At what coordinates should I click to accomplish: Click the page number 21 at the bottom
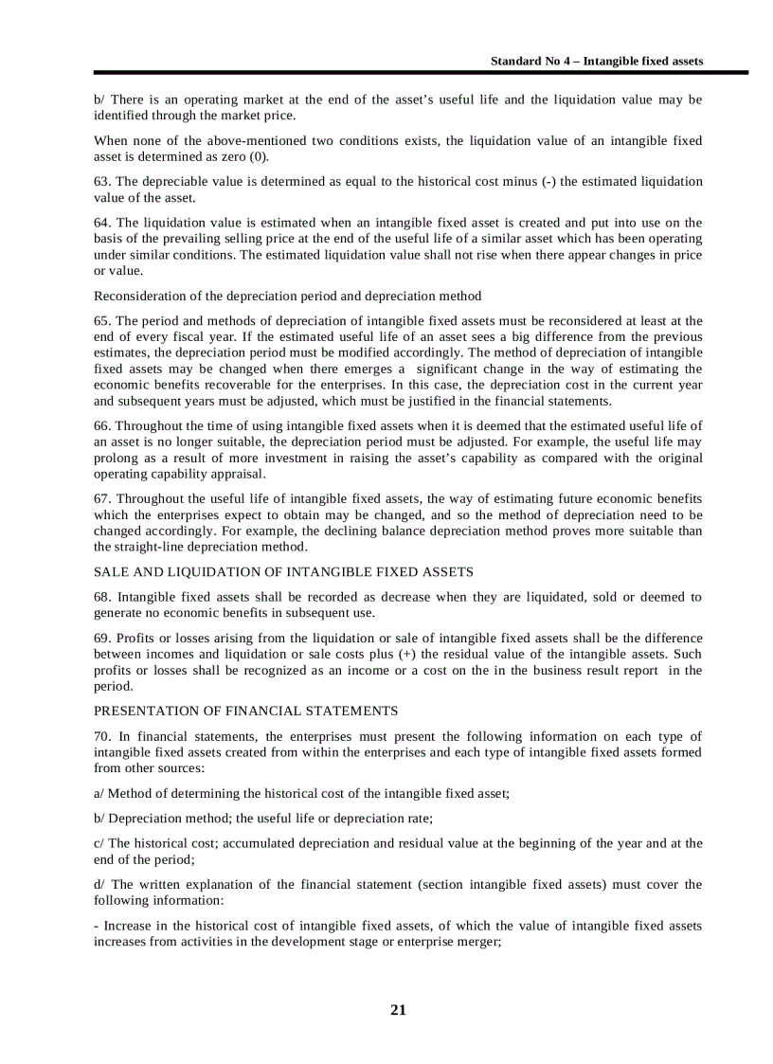click(x=398, y=1010)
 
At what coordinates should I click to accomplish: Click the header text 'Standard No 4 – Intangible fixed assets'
click(x=596, y=61)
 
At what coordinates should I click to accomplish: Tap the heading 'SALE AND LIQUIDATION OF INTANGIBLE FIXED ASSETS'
click(x=283, y=571)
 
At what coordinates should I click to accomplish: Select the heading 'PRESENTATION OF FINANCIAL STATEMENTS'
click(x=245, y=711)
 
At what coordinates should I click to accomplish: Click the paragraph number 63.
click(x=101, y=181)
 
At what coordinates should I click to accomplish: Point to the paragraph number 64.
click(x=101, y=223)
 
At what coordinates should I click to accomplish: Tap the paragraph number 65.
click(x=101, y=320)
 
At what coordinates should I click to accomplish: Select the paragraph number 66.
click(x=101, y=425)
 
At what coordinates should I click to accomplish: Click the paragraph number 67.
click(x=101, y=498)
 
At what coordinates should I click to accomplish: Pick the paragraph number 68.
click(x=101, y=596)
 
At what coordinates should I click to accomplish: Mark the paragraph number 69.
click(x=101, y=638)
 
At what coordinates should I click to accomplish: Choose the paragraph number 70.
click(x=101, y=736)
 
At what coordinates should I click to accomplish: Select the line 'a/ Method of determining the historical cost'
click(x=301, y=793)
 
